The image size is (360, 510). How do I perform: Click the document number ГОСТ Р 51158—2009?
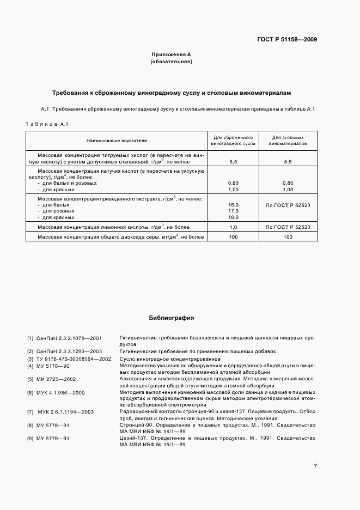pos(287,39)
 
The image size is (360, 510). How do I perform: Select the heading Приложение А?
pos(171,54)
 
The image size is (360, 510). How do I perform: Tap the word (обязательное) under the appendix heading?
pos(171,62)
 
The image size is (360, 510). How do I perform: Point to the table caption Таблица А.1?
pos(46,125)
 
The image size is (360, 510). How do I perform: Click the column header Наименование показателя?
pos(117,141)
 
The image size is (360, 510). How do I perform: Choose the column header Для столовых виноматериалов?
pos(288,141)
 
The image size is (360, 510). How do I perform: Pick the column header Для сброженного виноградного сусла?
pos(233,141)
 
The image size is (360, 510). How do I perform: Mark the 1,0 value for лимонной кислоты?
pos(233,227)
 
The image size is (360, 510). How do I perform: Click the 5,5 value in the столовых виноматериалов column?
pos(288,162)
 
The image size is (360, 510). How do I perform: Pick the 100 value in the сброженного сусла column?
pos(233,237)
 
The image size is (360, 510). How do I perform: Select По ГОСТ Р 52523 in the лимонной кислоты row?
pos(288,227)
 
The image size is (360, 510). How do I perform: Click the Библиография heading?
pos(171,317)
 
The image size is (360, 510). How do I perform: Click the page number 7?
pos(315,465)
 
